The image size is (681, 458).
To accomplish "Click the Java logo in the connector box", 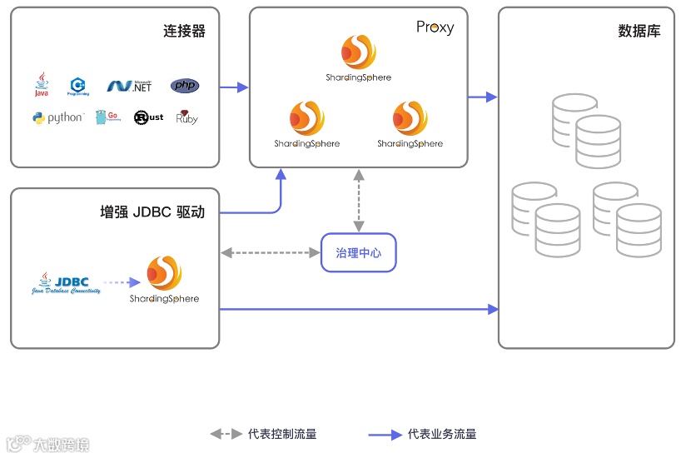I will [41, 85].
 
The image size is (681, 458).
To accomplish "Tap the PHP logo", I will [185, 86].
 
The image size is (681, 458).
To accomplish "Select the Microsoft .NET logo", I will [129, 86].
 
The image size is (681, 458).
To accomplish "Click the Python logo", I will [57, 118].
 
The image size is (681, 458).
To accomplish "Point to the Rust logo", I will [148, 118].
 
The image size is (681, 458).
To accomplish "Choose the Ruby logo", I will [186, 117].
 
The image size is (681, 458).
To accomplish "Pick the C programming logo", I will [79, 85].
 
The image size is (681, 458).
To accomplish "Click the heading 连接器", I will [184, 32].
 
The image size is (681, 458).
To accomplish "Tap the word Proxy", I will [435, 27].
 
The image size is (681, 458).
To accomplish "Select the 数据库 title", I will [639, 32].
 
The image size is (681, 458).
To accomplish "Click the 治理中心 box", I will [359, 252].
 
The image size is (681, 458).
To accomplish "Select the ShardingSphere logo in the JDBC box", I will [164, 281].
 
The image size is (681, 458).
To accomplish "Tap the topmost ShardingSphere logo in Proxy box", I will [359, 58].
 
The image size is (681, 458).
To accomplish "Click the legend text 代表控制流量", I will [282, 434].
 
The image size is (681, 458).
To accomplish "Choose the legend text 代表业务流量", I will [442, 434].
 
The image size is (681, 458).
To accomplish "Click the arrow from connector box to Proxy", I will [235, 87].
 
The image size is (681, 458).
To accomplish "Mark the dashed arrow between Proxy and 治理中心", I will [359, 201].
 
